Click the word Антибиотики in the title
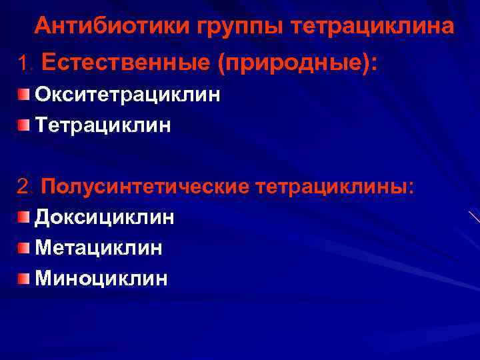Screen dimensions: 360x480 [113, 26]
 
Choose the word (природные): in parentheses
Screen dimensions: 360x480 [295, 65]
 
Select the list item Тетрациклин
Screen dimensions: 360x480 [103, 125]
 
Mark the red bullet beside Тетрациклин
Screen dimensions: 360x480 [24, 125]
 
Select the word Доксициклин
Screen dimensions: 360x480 [105, 217]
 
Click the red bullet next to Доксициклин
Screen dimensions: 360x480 [24, 217]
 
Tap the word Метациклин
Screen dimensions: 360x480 [98, 248]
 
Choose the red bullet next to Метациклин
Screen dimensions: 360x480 [24, 248]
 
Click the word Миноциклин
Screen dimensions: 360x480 [101, 278]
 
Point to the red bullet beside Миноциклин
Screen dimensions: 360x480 [24, 278]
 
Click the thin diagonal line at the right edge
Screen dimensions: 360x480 [474, 217]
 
